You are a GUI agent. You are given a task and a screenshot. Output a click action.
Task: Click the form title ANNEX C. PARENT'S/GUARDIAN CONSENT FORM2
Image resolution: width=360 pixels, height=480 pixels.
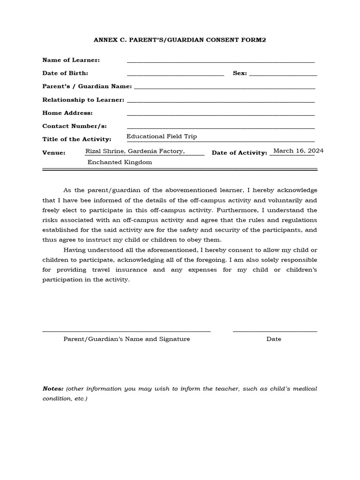point(180,40)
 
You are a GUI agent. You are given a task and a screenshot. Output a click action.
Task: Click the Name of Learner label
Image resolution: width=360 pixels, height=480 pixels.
point(71,60)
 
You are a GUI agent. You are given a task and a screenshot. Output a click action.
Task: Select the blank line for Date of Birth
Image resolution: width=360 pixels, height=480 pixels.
point(175,75)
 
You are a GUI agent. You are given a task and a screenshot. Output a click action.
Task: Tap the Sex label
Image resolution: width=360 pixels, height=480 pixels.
point(240,74)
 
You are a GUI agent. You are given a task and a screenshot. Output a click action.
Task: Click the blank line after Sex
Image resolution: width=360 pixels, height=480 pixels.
point(283,75)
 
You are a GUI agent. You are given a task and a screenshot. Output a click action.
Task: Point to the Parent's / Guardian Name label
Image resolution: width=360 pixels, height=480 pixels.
point(87,86)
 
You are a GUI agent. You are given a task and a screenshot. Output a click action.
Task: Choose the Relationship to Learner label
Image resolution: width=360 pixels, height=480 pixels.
point(83,100)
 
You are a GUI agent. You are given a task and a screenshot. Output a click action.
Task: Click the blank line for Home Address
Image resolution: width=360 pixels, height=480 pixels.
point(220,115)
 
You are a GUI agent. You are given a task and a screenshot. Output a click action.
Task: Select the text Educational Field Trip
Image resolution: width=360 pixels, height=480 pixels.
point(162,136)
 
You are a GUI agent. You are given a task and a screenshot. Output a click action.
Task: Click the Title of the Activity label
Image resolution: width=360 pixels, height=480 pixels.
point(77,139)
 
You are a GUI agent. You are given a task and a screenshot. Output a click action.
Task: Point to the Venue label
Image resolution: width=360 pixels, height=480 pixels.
point(54,153)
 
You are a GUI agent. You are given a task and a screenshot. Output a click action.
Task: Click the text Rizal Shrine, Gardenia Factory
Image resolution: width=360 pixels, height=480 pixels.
point(135,151)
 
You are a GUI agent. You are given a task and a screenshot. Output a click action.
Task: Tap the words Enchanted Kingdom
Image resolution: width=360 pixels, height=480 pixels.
point(120,162)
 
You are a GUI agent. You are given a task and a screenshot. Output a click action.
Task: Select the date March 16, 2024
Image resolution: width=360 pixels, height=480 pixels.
point(298,150)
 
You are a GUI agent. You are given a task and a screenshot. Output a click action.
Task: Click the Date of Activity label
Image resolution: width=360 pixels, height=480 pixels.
point(239,153)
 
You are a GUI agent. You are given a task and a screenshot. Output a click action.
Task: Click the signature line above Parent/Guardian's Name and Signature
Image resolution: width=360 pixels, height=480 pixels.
point(126,331)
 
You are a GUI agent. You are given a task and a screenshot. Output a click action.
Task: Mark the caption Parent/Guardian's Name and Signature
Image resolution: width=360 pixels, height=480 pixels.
point(127,339)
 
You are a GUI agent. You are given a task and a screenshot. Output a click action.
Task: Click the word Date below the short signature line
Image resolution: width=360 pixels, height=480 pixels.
point(274,339)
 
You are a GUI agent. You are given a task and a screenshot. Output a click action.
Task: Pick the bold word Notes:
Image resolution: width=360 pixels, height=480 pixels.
point(52,389)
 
